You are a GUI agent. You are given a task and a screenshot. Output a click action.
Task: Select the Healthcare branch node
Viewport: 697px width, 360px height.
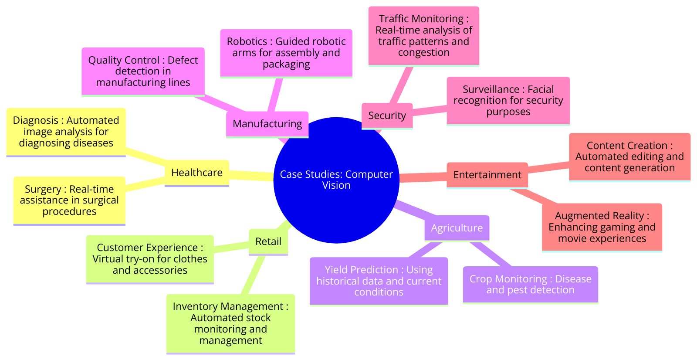click(197, 173)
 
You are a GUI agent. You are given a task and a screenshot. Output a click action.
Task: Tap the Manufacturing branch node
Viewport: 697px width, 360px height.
click(267, 124)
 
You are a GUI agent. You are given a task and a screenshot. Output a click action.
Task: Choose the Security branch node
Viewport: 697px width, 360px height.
click(387, 115)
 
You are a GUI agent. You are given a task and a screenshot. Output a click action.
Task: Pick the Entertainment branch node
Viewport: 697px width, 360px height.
click(487, 175)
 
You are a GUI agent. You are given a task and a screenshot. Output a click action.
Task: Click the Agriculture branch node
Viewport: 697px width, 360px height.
click(457, 228)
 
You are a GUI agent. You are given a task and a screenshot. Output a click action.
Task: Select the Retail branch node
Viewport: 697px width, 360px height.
click(268, 241)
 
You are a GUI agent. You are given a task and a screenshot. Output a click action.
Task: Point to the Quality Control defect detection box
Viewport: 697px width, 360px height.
click(143, 71)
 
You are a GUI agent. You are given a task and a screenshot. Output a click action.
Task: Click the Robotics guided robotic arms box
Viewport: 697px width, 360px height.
click(286, 53)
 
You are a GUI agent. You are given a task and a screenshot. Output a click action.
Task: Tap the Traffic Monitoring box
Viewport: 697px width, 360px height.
click(424, 35)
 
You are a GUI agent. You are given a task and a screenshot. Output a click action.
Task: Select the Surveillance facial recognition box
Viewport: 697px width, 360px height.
click(508, 101)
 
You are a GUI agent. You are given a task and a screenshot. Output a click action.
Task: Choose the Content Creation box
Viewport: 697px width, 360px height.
click(629, 156)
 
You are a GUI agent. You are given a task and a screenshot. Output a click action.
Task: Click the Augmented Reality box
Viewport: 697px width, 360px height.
click(602, 227)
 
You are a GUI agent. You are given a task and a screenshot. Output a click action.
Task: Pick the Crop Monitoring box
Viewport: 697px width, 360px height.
click(530, 285)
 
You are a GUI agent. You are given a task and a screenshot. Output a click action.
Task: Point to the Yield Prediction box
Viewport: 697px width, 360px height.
click(379, 281)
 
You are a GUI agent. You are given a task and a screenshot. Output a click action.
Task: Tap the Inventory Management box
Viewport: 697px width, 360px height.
click(230, 323)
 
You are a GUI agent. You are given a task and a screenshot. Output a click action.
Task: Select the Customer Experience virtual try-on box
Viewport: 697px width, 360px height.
click(150, 259)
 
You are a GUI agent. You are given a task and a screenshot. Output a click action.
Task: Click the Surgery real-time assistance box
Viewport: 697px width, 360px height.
click(69, 200)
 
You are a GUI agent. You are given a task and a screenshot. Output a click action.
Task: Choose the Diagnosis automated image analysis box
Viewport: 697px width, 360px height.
click(66, 132)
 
